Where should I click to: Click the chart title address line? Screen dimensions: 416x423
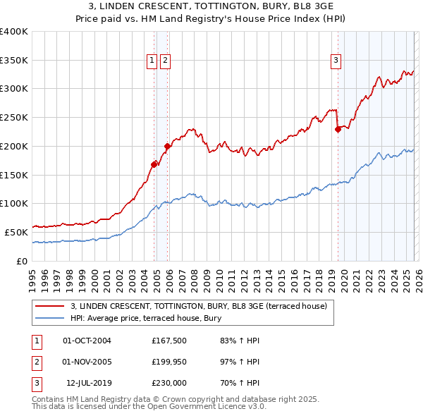point(211,7)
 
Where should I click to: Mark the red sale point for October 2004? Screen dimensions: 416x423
point(154,164)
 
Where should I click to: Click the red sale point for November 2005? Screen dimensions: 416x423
point(168,146)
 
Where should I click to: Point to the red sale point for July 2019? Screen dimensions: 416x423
point(338,128)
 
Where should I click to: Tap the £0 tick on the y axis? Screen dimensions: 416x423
point(21,261)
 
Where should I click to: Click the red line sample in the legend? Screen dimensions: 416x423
point(51,307)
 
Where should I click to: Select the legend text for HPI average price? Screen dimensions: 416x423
point(146,318)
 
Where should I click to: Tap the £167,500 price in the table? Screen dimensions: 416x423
point(169,341)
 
